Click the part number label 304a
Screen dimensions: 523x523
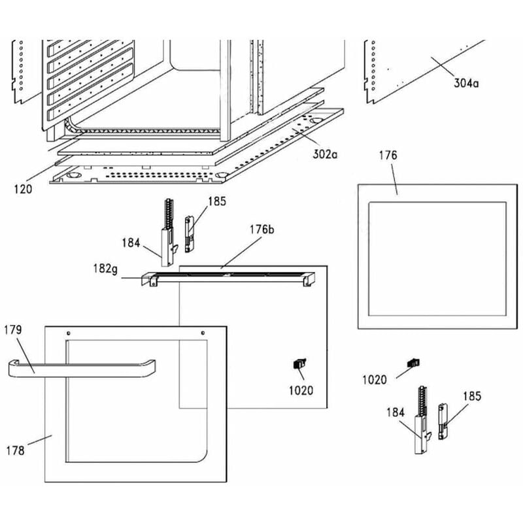point(465,83)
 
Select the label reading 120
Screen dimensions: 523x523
point(24,190)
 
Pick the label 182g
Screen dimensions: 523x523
point(105,269)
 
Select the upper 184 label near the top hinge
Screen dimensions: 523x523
point(131,244)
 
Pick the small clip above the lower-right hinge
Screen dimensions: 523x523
point(413,362)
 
